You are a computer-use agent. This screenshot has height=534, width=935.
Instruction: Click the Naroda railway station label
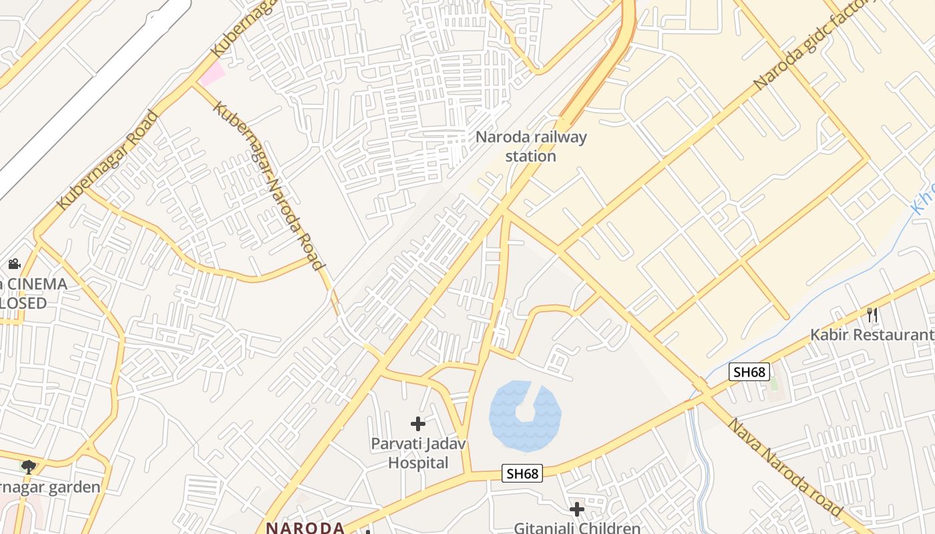[x=531, y=146]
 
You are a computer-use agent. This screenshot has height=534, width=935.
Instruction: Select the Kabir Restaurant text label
[x=872, y=334]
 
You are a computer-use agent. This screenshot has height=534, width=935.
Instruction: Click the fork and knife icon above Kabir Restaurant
[x=872, y=314]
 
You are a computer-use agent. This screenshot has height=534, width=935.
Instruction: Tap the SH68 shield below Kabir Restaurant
[x=749, y=372]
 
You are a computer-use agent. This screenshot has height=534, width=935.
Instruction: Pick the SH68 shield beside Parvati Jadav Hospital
[x=522, y=474]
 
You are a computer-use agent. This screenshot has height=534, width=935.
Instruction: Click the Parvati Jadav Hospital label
[x=418, y=453]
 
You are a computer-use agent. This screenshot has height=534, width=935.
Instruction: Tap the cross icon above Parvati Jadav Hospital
[x=418, y=424]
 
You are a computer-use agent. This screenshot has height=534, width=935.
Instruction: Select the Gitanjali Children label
[x=576, y=527]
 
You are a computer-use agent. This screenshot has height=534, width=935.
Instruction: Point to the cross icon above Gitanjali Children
[x=577, y=509]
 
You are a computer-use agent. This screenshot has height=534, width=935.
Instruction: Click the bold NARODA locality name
[x=305, y=527]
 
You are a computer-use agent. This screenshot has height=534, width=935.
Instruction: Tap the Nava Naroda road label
[x=785, y=467]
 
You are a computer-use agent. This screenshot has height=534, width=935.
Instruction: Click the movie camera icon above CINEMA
[x=15, y=264]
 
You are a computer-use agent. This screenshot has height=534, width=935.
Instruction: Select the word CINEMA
[x=38, y=284]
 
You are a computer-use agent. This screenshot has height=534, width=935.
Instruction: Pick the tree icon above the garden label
[x=28, y=467]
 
